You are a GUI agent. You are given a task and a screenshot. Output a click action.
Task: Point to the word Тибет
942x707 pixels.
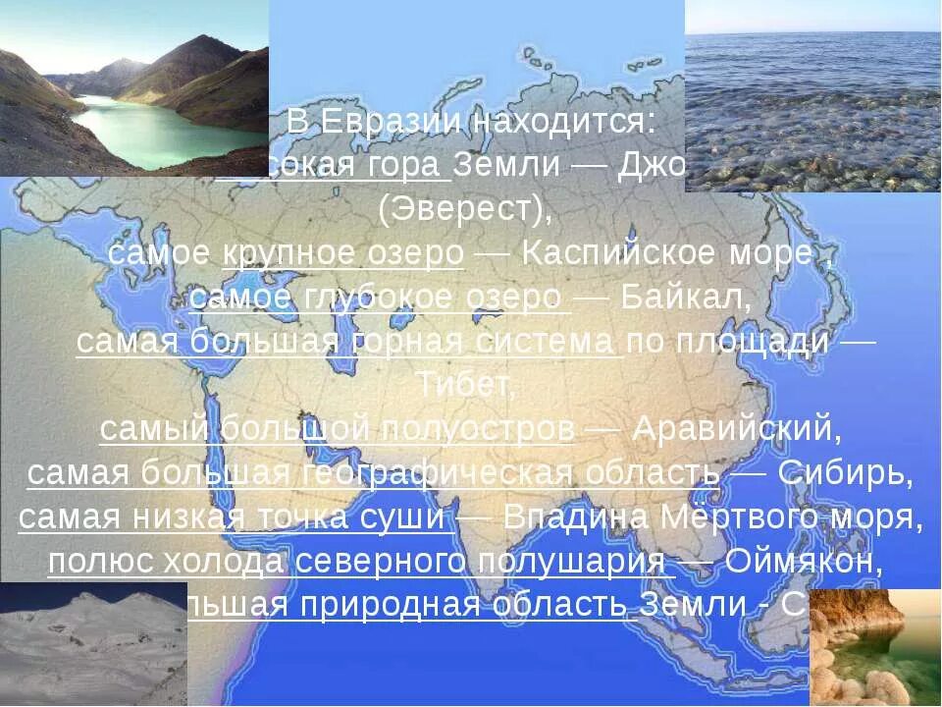click(467, 384)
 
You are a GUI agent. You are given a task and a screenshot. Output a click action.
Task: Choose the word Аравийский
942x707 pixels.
click(737, 429)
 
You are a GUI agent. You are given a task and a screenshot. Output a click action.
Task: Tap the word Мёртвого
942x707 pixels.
click(764, 517)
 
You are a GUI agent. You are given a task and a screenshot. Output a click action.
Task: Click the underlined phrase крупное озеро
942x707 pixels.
click(343, 253)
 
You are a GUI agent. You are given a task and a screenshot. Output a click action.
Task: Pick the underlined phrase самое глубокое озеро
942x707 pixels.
click(378, 298)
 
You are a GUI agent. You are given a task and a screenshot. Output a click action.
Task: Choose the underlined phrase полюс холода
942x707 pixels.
click(167, 562)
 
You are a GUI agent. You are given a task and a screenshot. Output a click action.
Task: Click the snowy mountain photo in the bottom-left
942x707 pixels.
click(93, 643)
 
